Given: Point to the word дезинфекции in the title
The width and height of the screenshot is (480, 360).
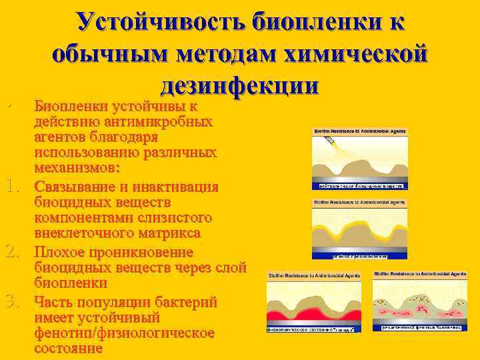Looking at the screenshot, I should click(x=239, y=85).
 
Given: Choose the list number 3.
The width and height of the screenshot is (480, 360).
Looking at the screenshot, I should click(x=14, y=301).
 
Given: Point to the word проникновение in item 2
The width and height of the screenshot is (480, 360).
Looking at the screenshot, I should click(x=142, y=253).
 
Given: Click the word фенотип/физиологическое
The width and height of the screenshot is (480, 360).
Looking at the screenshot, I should click(x=124, y=333).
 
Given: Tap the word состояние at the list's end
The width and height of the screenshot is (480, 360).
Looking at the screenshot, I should click(x=68, y=348).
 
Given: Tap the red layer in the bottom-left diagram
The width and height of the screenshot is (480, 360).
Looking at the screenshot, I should click(x=313, y=314).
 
